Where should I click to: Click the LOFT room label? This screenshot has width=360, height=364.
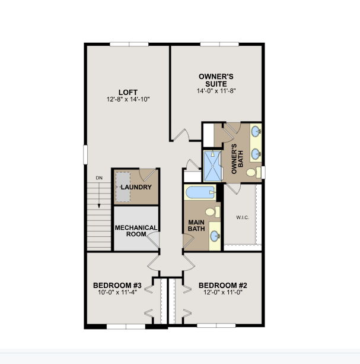[x=128, y=93]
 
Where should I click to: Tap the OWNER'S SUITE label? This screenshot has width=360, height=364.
[x=216, y=80]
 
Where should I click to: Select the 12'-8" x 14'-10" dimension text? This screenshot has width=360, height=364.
[x=128, y=99]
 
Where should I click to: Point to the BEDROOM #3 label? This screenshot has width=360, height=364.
[x=117, y=285]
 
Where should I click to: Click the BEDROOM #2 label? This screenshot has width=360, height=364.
[x=223, y=285]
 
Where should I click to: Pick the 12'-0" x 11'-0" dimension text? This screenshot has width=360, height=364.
[x=223, y=292]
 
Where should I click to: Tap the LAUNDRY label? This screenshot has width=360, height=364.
[x=136, y=187]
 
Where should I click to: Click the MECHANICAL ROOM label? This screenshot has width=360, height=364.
[x=136, y=231]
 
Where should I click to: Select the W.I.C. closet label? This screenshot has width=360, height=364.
[x=243, y=217]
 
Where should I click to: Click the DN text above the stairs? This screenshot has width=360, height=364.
[x=99, y=178]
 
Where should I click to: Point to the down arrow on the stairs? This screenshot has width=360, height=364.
[x=99, y=195]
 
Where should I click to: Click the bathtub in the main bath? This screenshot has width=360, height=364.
[x=200, y=192]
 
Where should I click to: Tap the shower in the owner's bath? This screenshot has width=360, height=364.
[x=212, y=166]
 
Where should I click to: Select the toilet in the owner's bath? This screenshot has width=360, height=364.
[x=254, y=172]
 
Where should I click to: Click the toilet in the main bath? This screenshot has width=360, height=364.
[x=212, y=212]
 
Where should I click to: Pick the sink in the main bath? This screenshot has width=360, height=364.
[x=215, y=236]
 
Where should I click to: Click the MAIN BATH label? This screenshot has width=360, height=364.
[x=196, y=226]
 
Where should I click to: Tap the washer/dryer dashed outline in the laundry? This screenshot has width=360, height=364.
[x=123, y=187]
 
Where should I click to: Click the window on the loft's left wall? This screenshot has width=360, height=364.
[x=85, y=154]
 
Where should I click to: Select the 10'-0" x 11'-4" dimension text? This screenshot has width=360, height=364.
[x=117, y=292]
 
